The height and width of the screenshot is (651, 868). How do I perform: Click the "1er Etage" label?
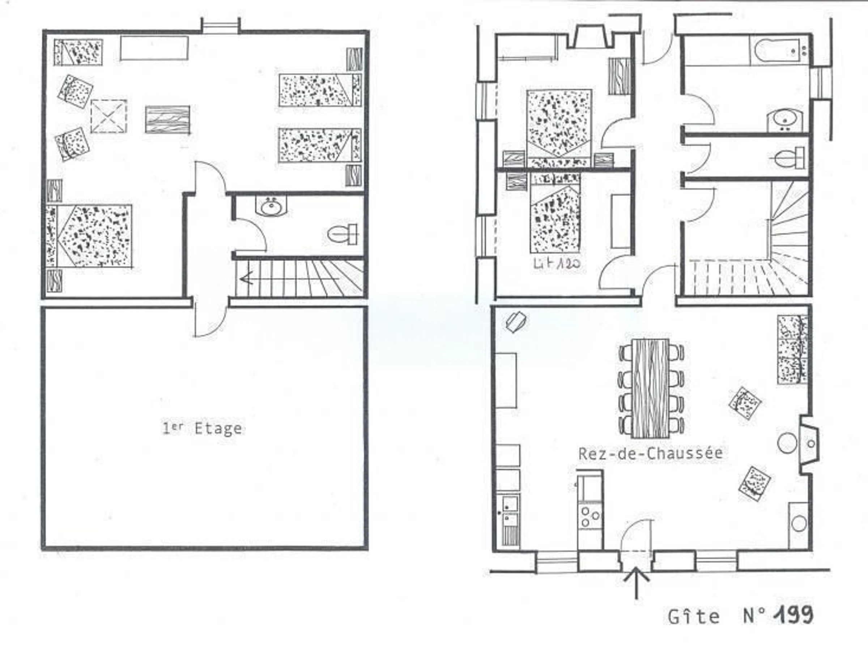(202, 428)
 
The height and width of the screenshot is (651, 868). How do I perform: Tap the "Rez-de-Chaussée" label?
(651, 454)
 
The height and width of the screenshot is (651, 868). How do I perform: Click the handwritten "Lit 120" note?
(557, 263)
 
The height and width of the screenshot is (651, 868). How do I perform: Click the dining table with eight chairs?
(651, 388)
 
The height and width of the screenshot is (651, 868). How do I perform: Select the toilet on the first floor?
(342, 234)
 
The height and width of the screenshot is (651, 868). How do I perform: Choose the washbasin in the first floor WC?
(271, 206)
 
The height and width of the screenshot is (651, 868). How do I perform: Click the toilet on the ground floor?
(789, 158)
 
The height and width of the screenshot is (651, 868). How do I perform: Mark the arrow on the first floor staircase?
(290, 279)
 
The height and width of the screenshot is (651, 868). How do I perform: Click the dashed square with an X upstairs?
(109, 116)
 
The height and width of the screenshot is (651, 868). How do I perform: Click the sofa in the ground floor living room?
(792, 349)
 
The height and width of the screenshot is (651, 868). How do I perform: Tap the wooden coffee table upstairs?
(167, 119)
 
